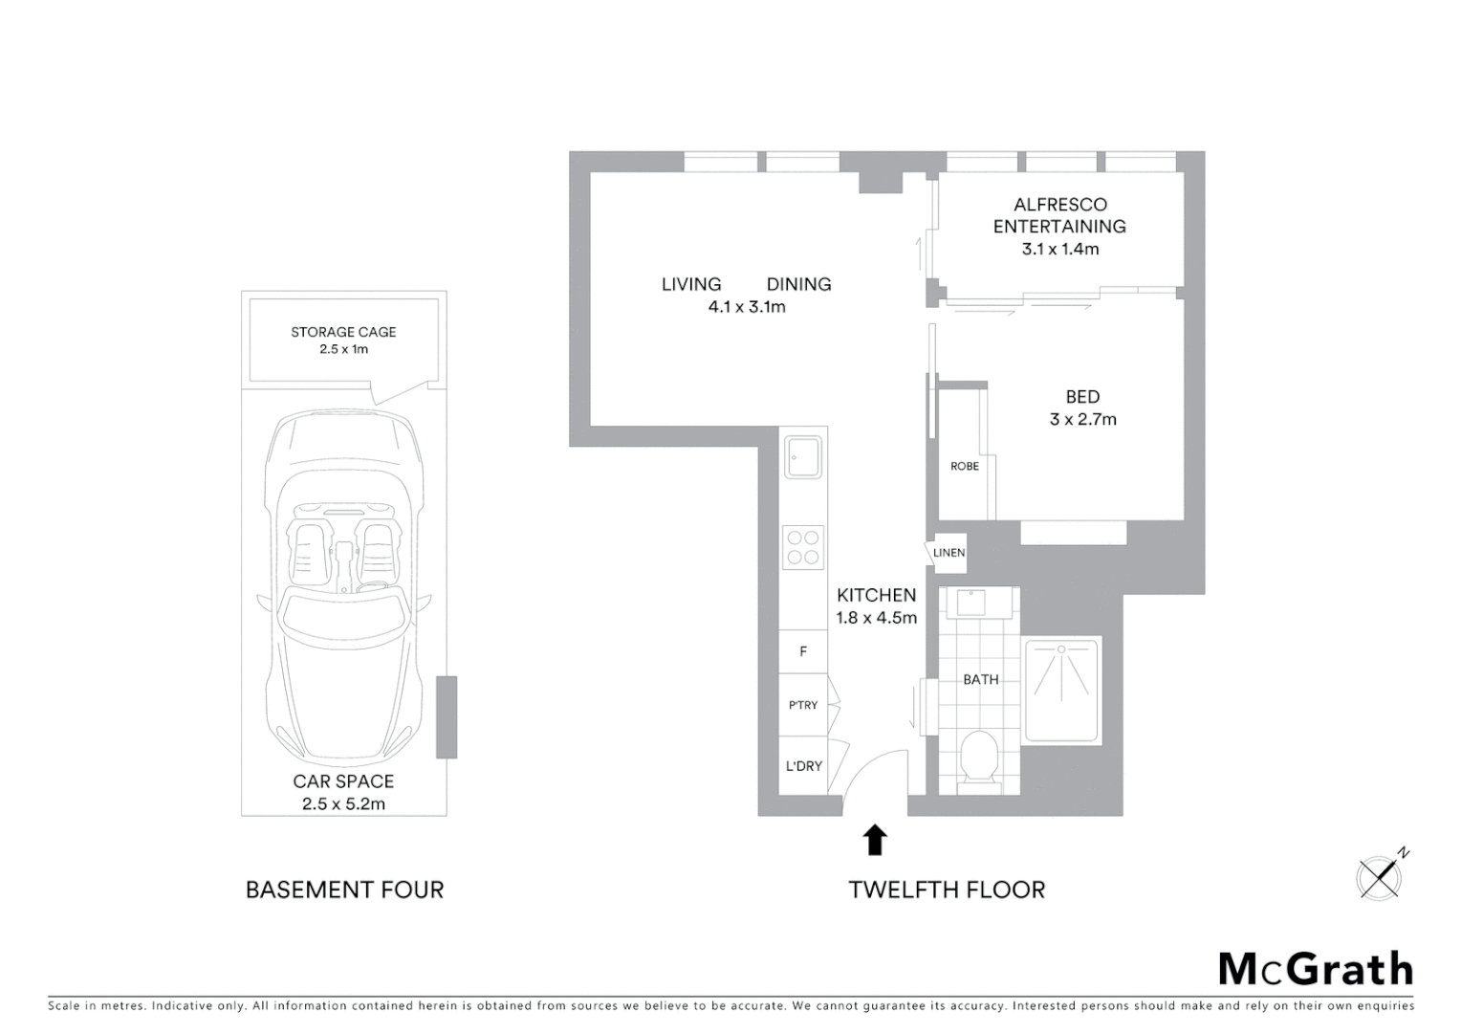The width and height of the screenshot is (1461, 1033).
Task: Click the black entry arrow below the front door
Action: point(875,840)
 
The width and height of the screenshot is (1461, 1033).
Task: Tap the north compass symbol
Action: point(1380,876)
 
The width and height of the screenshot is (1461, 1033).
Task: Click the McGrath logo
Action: point(1316,969)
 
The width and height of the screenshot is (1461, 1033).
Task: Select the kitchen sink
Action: point(803,457)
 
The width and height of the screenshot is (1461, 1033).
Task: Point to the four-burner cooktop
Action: point(803,547)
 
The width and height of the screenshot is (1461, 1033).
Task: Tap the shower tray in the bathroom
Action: point(1061,689)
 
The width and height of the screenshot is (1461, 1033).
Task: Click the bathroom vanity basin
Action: point(971,602)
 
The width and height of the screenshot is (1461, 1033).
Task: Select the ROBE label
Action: point(965,467)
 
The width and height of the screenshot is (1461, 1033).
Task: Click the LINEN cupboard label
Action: point(949,553)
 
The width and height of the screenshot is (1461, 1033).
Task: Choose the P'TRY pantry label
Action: point(803,705)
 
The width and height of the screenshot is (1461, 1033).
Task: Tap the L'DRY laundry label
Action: point(803,766)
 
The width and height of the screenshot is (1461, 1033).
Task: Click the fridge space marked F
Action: point(803,651)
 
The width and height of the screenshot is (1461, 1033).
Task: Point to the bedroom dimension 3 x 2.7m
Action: point(1082,419)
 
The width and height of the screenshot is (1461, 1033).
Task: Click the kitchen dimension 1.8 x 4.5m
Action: point(876,618)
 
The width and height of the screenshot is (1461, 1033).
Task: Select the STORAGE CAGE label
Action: point(343,332)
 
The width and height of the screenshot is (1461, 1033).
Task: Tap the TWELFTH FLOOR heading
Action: point(947,890)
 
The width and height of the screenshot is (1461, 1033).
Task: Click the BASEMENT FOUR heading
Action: point(344,890)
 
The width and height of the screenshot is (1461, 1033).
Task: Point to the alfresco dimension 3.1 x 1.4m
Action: point(1059,249)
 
